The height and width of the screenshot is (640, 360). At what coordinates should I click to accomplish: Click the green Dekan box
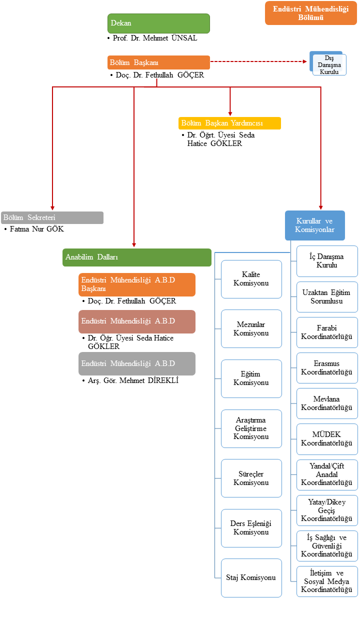158,23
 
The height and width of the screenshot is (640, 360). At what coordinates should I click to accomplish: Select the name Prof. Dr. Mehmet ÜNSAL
155,38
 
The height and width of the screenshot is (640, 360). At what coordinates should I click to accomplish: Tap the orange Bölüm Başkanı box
158,62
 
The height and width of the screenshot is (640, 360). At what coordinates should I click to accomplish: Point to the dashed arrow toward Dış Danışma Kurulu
258,62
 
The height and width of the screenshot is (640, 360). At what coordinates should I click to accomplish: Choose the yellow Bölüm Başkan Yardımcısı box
229,123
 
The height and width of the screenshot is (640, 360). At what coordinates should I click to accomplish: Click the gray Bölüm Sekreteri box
52,217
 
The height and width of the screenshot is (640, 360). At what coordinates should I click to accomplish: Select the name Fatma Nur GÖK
37,229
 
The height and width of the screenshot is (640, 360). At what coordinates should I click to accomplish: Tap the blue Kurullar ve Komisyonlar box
314,225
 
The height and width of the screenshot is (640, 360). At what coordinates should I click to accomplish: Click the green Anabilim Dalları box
137,257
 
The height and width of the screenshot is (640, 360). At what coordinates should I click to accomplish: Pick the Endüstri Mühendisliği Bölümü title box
310,13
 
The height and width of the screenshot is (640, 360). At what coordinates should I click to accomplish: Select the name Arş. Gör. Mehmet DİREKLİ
133,380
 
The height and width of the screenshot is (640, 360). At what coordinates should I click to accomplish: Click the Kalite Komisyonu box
251,279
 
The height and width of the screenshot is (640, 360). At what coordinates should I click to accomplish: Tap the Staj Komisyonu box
251,577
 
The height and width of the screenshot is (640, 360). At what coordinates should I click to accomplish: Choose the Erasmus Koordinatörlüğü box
327,368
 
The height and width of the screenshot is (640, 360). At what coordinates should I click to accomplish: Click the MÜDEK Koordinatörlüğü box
327,439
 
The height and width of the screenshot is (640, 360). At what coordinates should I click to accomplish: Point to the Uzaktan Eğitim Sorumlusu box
327,297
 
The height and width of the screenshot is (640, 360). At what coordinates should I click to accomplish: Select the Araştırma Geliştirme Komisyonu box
251,428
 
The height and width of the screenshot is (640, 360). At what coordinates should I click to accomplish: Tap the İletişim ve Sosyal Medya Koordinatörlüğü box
327,581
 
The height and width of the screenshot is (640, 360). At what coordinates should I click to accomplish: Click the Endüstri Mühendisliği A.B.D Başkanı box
136,284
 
